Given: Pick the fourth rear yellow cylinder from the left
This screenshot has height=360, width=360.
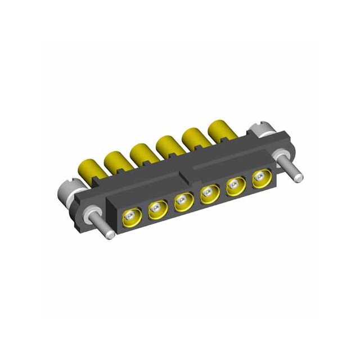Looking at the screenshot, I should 168,145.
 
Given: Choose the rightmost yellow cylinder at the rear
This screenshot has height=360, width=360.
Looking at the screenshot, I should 220,130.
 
